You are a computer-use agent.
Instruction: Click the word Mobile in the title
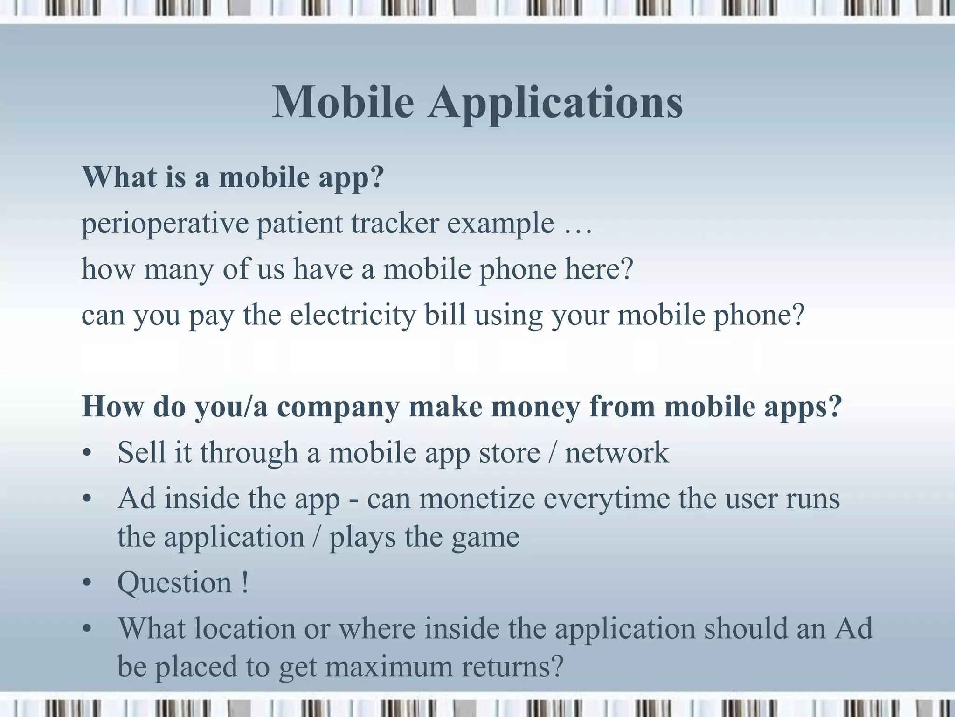pos(343,103)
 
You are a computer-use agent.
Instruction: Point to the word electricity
pos(352,315)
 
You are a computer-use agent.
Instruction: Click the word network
pos(617,453)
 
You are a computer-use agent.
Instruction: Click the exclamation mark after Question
pos(245,583)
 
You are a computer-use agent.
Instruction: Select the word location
pos(245,628)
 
